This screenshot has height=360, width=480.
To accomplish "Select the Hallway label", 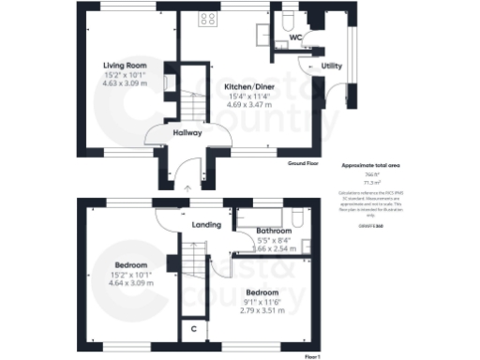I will click(x=187, y=133).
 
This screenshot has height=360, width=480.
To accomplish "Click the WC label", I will click(x=295, y=38).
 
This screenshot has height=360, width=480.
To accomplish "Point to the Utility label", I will click(x=331, y=67).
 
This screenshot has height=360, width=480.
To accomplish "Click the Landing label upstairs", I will click(x=206, y=225).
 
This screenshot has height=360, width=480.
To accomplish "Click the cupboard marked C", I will click(x=193, y=329).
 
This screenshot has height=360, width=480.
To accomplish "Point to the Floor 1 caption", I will click(x=313, y=357).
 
